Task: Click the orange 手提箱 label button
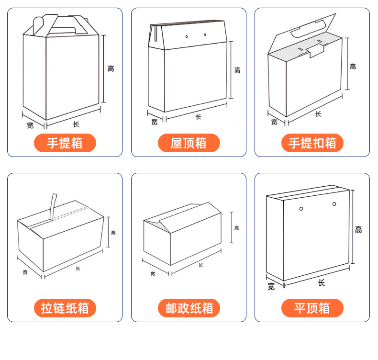tap(65, 143)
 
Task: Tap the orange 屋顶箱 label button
tap(189, 143)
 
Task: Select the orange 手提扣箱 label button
tap(312, 143)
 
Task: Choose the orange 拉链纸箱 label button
tap(65, 308)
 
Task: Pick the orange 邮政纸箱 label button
tap(189, 308)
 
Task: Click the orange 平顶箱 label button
tap(312, 308)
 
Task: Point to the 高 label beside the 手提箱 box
tap(111, 68)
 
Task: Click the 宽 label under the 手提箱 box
tap(30, 125)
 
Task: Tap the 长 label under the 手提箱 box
tap(76, 124)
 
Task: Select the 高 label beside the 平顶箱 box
tap(358, 230)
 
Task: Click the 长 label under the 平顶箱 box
tap(321, 283)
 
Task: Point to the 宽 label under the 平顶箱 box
tap(271, 287)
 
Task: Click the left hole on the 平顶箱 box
tap(301, 208)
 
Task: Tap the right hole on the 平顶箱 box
tap(334, 205)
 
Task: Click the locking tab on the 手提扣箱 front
tap(316, 50)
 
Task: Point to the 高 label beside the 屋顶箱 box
tap(237, 70)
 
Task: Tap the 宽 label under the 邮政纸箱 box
tap(153, 273)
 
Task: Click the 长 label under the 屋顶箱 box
tap(198, 116)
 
